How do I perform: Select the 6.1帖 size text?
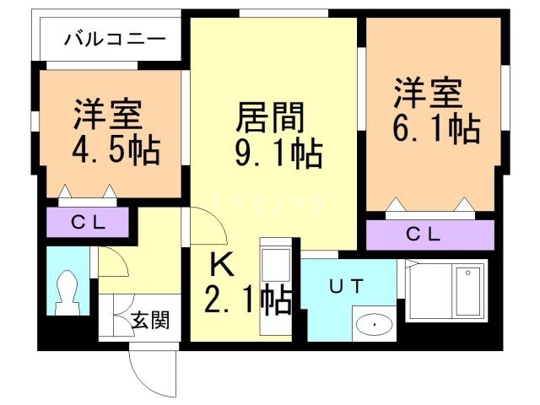[x=435, y=129]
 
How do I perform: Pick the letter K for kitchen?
[x=221, y=265]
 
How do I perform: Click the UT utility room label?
[x=346, y=286]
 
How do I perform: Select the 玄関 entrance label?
[x=150, y=320]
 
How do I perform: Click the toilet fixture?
[x=64, y=292]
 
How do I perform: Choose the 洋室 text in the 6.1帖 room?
[x=427, y=92]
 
